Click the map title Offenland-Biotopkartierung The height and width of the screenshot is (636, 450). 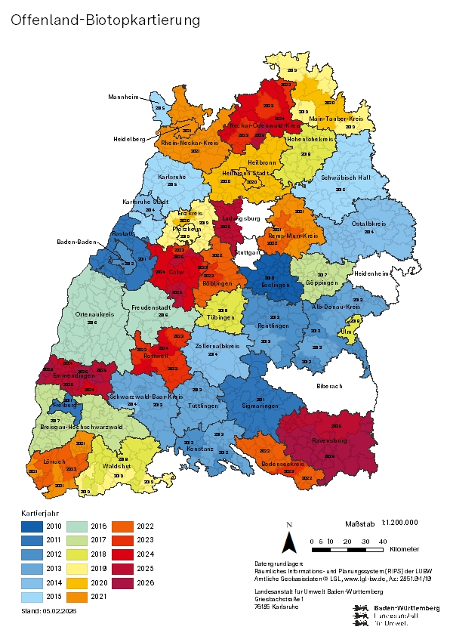click(x=106, y=20)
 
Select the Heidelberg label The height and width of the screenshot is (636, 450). click(x=130, y=139)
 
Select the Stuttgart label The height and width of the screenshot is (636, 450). click(x=246, y=252)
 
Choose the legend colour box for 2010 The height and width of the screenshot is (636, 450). click(x=32, y=525)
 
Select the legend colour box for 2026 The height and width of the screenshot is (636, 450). click(x=122, y=582)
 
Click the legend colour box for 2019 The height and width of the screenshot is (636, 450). click(x=77, y=568)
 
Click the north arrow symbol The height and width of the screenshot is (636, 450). click(x=288, y=542)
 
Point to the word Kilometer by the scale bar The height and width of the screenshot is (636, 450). click(x=404, y=548)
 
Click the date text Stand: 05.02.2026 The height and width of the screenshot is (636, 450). click(x=49, y=610)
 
